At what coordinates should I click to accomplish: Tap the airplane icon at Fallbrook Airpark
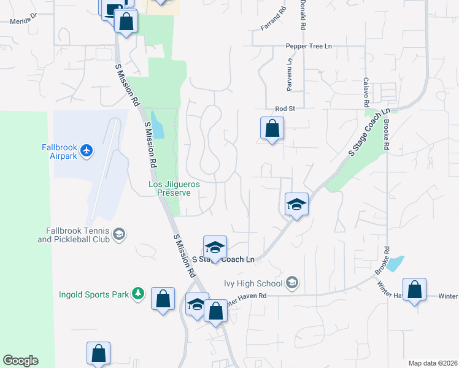(87, 150)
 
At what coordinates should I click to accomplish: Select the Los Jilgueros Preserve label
(174, 188)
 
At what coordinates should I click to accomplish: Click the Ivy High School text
(253, 283)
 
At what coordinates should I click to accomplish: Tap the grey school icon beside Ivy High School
(292, 283)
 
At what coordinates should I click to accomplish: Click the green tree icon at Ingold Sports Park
(139, 294)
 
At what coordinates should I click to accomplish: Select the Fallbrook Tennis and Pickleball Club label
(74, 235)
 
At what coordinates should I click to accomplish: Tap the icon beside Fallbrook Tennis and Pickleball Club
(120, 234)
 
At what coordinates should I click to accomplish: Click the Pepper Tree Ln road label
(309, 46)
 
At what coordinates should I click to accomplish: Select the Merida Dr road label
(23, 20)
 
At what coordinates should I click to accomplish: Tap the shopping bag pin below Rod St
(272, 129)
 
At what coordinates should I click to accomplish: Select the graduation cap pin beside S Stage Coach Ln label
(215, 248)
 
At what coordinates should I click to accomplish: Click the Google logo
(20, 361)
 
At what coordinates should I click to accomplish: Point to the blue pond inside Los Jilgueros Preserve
(158, 125)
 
